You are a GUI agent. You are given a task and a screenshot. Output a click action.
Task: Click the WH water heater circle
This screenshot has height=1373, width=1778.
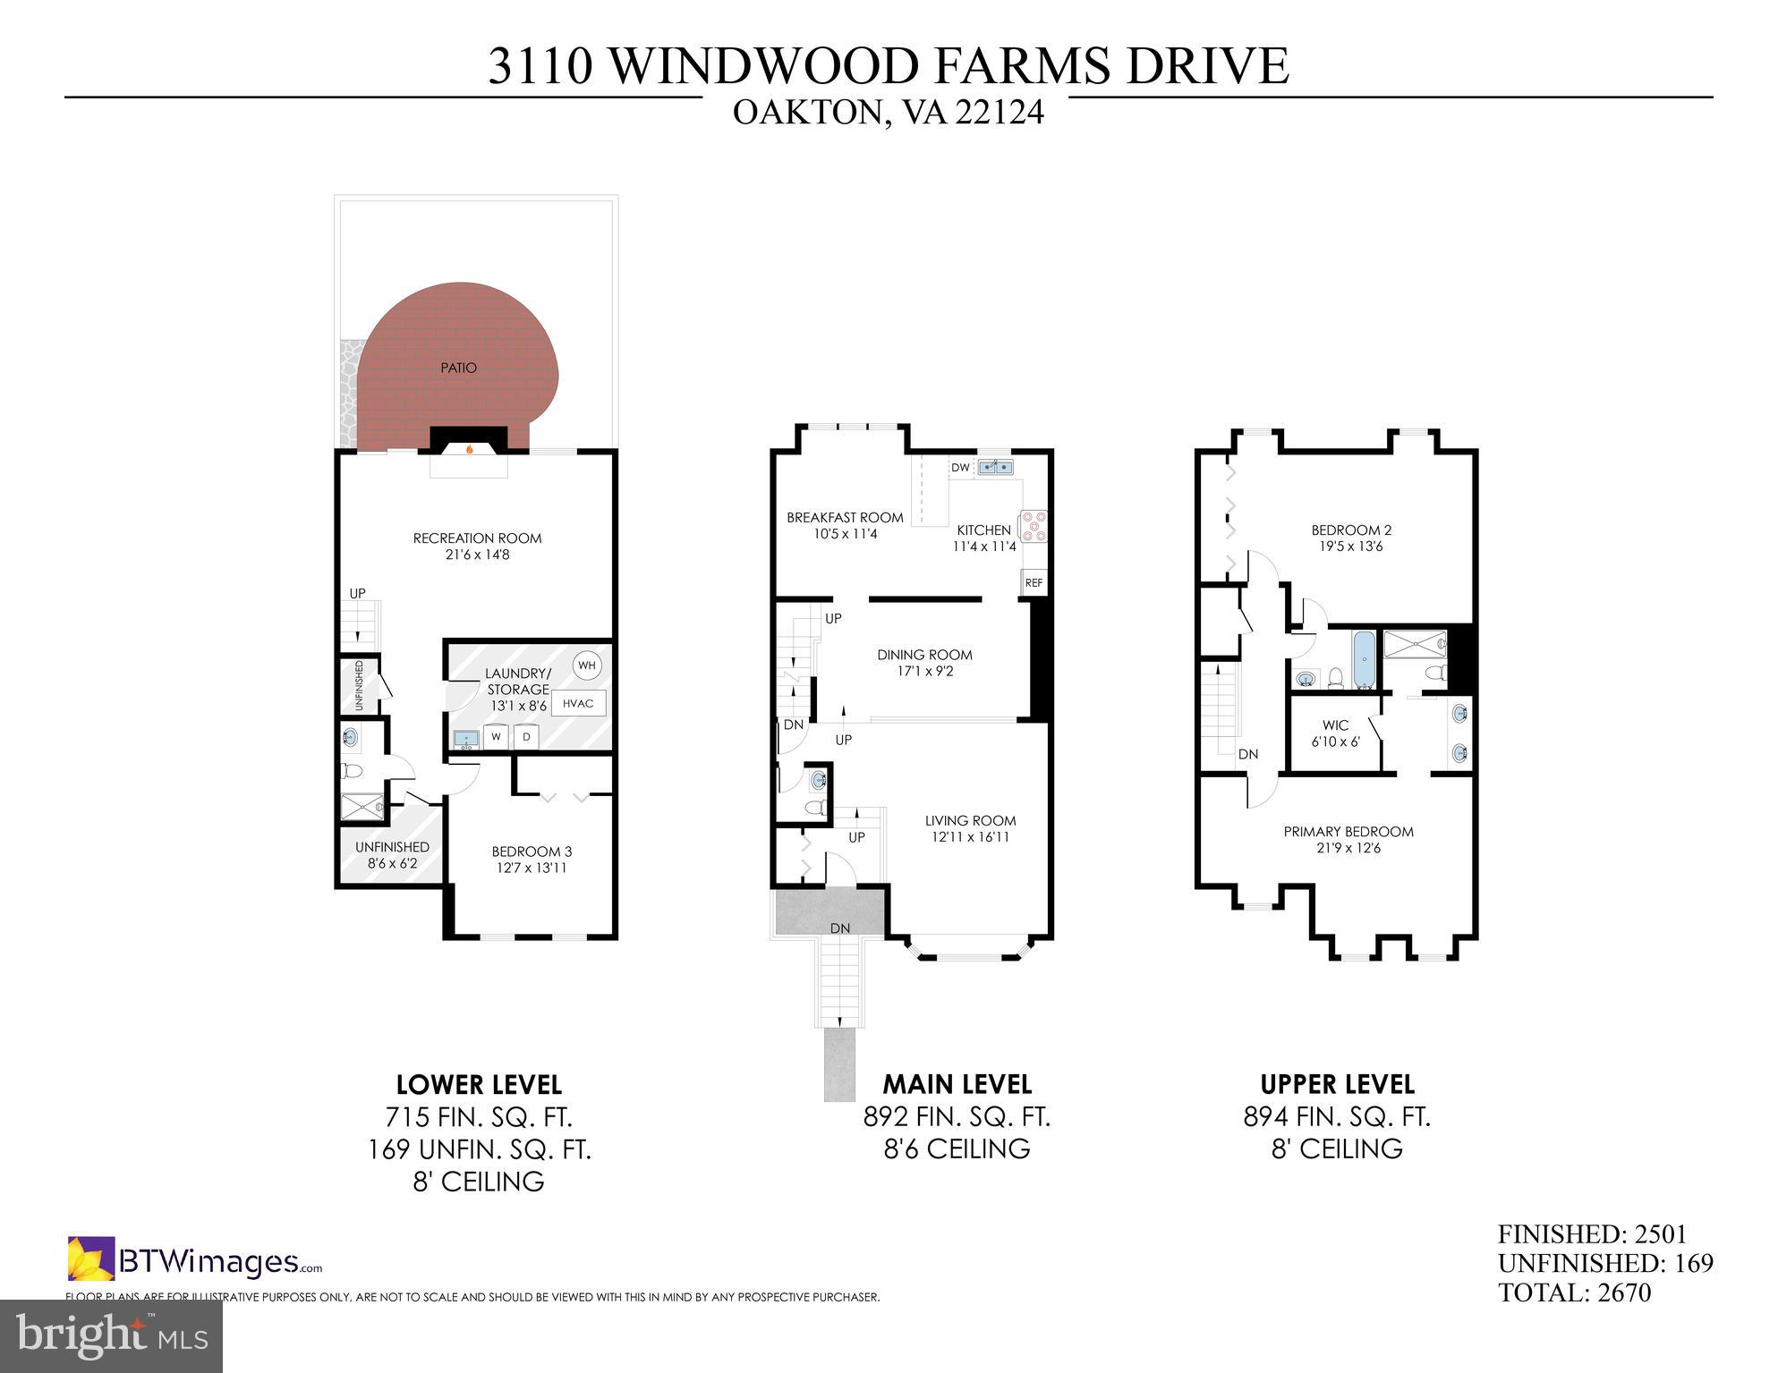point(587,665)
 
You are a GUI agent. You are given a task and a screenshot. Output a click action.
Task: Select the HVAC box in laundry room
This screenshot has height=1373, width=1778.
point(578,703)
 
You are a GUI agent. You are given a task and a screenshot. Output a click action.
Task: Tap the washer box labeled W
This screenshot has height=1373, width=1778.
point(496,737)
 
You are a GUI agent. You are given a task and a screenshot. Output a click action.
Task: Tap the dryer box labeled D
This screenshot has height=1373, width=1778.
point(527,737)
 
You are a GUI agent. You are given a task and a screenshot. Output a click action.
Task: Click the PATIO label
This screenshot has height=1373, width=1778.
point(458,368)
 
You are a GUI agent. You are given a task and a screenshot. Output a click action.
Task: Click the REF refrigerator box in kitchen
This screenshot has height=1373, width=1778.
point(1034,582)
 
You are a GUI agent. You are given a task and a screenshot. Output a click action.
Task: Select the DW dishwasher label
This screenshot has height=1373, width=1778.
point(960,468)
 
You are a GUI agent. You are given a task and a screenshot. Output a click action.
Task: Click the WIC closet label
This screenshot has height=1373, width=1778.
point(1335,725)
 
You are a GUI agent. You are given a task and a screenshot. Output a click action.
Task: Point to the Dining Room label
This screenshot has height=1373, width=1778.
point(924,655)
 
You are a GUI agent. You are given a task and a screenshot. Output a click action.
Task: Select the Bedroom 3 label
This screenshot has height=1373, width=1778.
point(532,852)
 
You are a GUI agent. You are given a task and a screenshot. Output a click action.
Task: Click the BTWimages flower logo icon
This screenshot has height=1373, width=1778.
point(91,1258)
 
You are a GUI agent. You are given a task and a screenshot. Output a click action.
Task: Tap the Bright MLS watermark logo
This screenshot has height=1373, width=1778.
point(111,1335)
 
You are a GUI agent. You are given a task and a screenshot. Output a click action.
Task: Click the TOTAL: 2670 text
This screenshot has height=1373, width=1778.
point(1574,1292)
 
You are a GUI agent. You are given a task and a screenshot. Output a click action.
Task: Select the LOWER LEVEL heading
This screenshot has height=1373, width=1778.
point(479,1085)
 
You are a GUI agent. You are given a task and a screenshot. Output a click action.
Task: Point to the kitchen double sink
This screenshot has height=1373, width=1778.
point(995,466)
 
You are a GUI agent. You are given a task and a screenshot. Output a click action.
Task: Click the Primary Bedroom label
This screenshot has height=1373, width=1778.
point(1348,832)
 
